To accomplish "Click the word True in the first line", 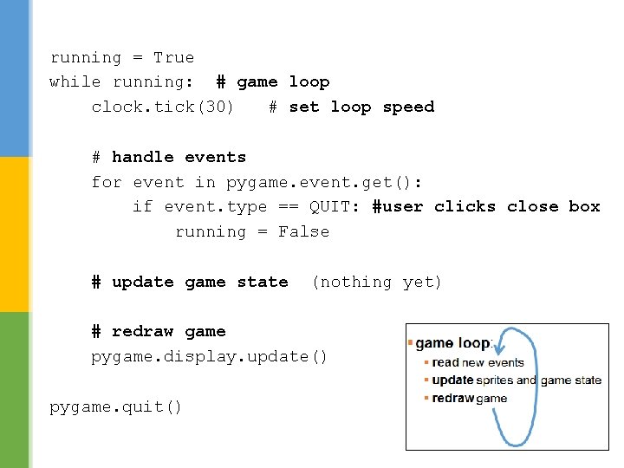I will coord(173,58).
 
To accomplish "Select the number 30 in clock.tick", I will coord(214,107).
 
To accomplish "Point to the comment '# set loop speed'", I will coord(351,107).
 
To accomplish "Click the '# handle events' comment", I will coord(169,158).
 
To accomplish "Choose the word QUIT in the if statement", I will coord(330,207).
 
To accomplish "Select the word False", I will coord(303,232).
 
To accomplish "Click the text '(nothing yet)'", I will coord(376,283).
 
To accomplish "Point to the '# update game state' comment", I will coord(190,283).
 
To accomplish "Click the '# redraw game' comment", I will coord(159,332).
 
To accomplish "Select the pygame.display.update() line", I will coord(210,357).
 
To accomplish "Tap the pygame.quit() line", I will coord(116,407).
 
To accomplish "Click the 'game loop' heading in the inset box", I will coord(452,344).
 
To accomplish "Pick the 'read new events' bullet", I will coord(478,363).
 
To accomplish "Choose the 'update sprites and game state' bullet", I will coord(516,380).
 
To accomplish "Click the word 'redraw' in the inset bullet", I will coord(452,399).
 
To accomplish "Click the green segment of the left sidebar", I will coord(15,390).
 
